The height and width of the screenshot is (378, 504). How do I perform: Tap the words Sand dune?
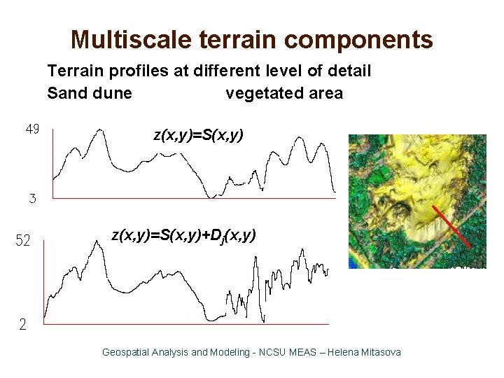[x=90, y=94]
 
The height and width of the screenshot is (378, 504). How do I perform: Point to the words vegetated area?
[x=284, y=94]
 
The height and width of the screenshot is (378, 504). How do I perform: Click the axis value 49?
[x=32, y=129]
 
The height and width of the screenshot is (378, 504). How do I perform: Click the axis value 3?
[x=32, y=199]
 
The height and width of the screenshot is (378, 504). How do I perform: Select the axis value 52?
[x=23, y=241]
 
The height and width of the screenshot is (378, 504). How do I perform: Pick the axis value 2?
[x=23, y=325]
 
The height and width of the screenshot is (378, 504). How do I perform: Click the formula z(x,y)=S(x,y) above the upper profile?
[x=198, y=136]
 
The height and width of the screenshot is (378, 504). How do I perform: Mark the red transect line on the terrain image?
[x=449, y=227]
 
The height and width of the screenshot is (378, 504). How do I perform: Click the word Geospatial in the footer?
[x=126, y=352]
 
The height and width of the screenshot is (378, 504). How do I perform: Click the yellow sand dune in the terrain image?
[x=420, y=175]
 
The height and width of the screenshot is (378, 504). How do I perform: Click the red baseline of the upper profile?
[x=189, y=197]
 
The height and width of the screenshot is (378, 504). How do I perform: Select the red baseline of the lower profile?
[x=185, y=324]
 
